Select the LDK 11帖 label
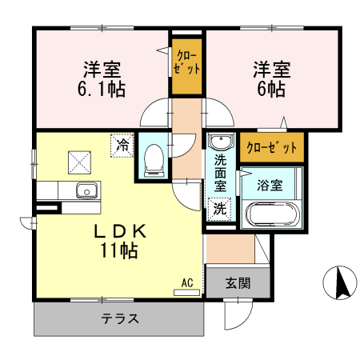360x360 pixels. (120, 240)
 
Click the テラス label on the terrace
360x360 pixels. (120, 318)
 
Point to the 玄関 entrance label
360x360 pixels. (238, 283)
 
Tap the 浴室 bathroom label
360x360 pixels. (270, 185)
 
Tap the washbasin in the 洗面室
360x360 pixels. (218, 142)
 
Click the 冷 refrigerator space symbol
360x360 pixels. (122, 145)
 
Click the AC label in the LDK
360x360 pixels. (187, 282)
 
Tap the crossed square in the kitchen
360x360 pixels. (81, 162)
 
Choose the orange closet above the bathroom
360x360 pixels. (272, 147)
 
